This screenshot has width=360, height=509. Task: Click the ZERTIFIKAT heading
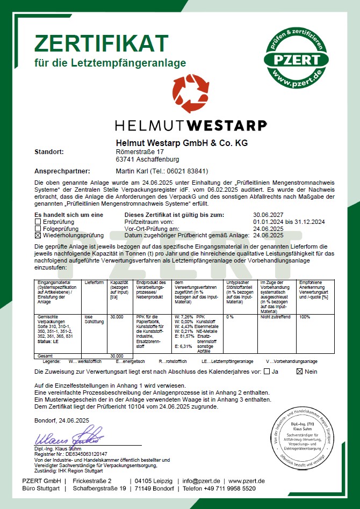click(102, 42)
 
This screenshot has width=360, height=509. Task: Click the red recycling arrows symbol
click(191, 94)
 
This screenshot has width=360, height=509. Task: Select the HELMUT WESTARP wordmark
click(191, 126)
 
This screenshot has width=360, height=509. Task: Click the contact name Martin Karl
click(132, 171)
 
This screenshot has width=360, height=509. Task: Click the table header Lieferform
click(93, 282)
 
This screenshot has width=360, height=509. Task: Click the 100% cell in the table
click(305, 317)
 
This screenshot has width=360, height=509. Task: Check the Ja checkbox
click(268, 372)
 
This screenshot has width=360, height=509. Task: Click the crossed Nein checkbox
click(300, 372)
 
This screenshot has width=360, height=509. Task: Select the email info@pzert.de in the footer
click(201, 481)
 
